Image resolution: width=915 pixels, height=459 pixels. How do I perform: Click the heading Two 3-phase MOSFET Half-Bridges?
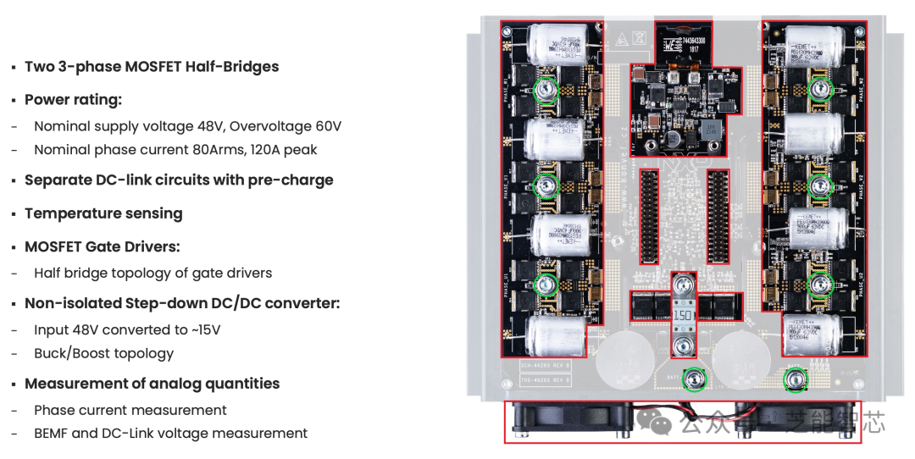pyautogui.click(x=151, y=67)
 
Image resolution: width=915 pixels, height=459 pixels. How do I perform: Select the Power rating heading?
pyautogui.click(x=73, y=100)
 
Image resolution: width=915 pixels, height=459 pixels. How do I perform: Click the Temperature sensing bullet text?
pyautogui.click(x=103, y=213)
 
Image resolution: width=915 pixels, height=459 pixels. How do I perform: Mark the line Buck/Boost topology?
pyautogui.click(x=103, y=353)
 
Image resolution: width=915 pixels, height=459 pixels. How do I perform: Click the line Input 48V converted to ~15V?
pyautogui.click(x=127, y=329)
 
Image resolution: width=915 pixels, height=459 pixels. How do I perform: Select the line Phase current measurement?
pyautogui.click(x=130, y=410)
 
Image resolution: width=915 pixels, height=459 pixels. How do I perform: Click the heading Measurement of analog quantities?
pyautogui.click(x=152, y=384)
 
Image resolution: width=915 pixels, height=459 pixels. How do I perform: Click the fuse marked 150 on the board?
pyautogui.click(x=685, y=315)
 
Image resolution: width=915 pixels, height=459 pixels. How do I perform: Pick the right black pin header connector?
pyautogui.click(x=718, y=215)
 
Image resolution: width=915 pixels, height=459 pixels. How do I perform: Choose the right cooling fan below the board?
pyautogui.click(x=792, y=420)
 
